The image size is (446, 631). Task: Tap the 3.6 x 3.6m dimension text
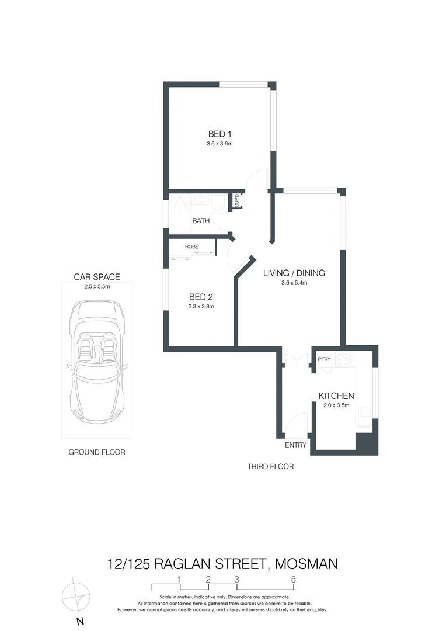(220, 144)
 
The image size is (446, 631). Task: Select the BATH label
(201, 221)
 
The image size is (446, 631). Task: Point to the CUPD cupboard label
(236, 201)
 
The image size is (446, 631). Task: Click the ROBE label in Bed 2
(191, 247)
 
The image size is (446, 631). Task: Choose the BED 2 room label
(201, 296)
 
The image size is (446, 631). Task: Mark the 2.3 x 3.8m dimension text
(201, 306)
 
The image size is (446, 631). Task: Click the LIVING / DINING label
(294, 273)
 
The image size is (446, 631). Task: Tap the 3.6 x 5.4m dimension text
(294, 283)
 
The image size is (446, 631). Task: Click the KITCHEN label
(336, 396)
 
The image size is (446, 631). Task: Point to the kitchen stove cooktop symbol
(342, 359)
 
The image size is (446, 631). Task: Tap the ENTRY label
(295, 445)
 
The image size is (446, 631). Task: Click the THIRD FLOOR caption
(270, 467)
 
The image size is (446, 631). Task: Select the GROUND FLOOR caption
(97, 452)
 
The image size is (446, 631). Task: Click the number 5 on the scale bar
(294, 580)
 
